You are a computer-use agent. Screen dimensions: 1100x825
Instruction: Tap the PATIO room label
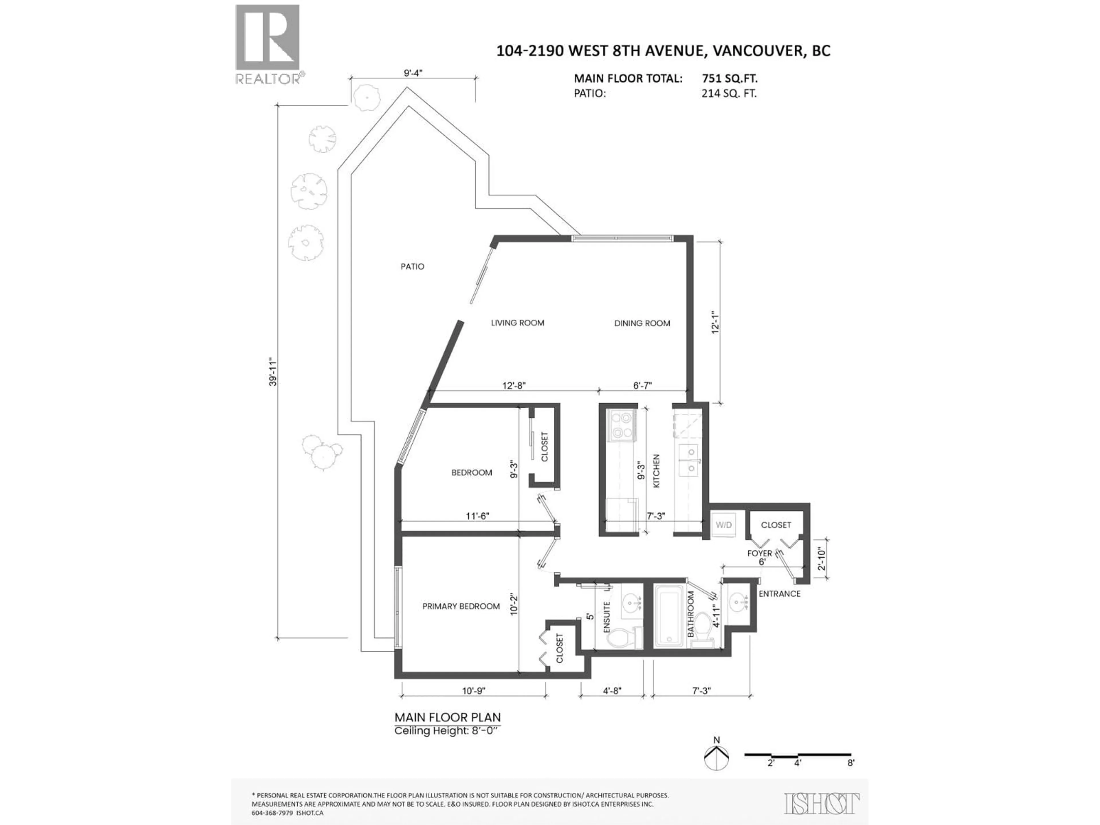tap(412, 266)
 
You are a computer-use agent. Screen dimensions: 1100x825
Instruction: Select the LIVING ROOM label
tap(518, 323)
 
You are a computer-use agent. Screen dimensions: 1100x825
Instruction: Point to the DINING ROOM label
tap(642, 323)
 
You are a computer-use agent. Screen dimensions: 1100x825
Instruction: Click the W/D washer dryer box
tap(724, 525)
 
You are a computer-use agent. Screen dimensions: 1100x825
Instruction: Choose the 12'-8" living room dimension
tap(514, 385)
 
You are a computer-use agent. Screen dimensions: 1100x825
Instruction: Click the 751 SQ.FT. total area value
tap(730, 78)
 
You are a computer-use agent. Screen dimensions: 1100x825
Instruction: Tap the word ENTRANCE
tap(779, 594)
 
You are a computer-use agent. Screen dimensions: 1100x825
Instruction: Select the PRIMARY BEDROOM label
tap(461, 606)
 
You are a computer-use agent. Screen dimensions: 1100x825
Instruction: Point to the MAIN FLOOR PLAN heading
tap(447, 718)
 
